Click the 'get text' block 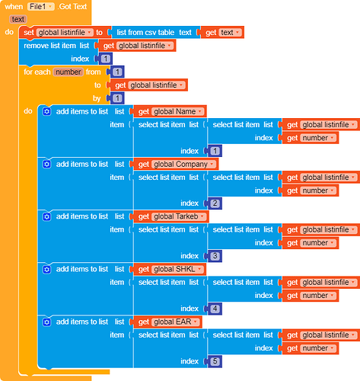[221, 33]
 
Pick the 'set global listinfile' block [61, 33]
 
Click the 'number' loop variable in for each [68, 72]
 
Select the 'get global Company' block [176, 164]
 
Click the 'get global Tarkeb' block [172, 216]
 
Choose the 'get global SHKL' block [170, 269]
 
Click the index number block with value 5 [216, 361]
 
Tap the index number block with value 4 [216, 309]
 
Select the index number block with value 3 [216, 256]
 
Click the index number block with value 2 [216, 203]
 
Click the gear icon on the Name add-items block [46, 111]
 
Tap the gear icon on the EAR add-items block [46, 322]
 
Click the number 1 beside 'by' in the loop [117, 98]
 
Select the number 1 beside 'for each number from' [117, 72]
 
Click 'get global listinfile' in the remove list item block [138, 46]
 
